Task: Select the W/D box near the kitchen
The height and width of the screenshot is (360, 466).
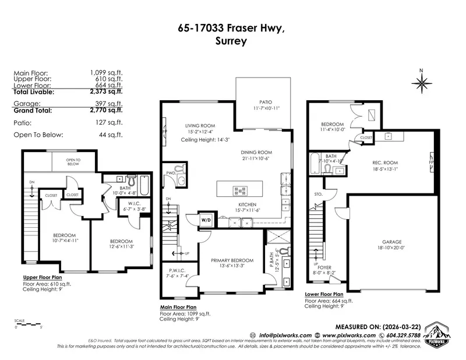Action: click(x=206, y=220)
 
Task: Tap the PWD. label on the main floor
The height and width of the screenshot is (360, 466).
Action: click(x=171, y=173)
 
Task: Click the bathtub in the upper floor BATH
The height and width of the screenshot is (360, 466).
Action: click(x=144, y=188)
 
